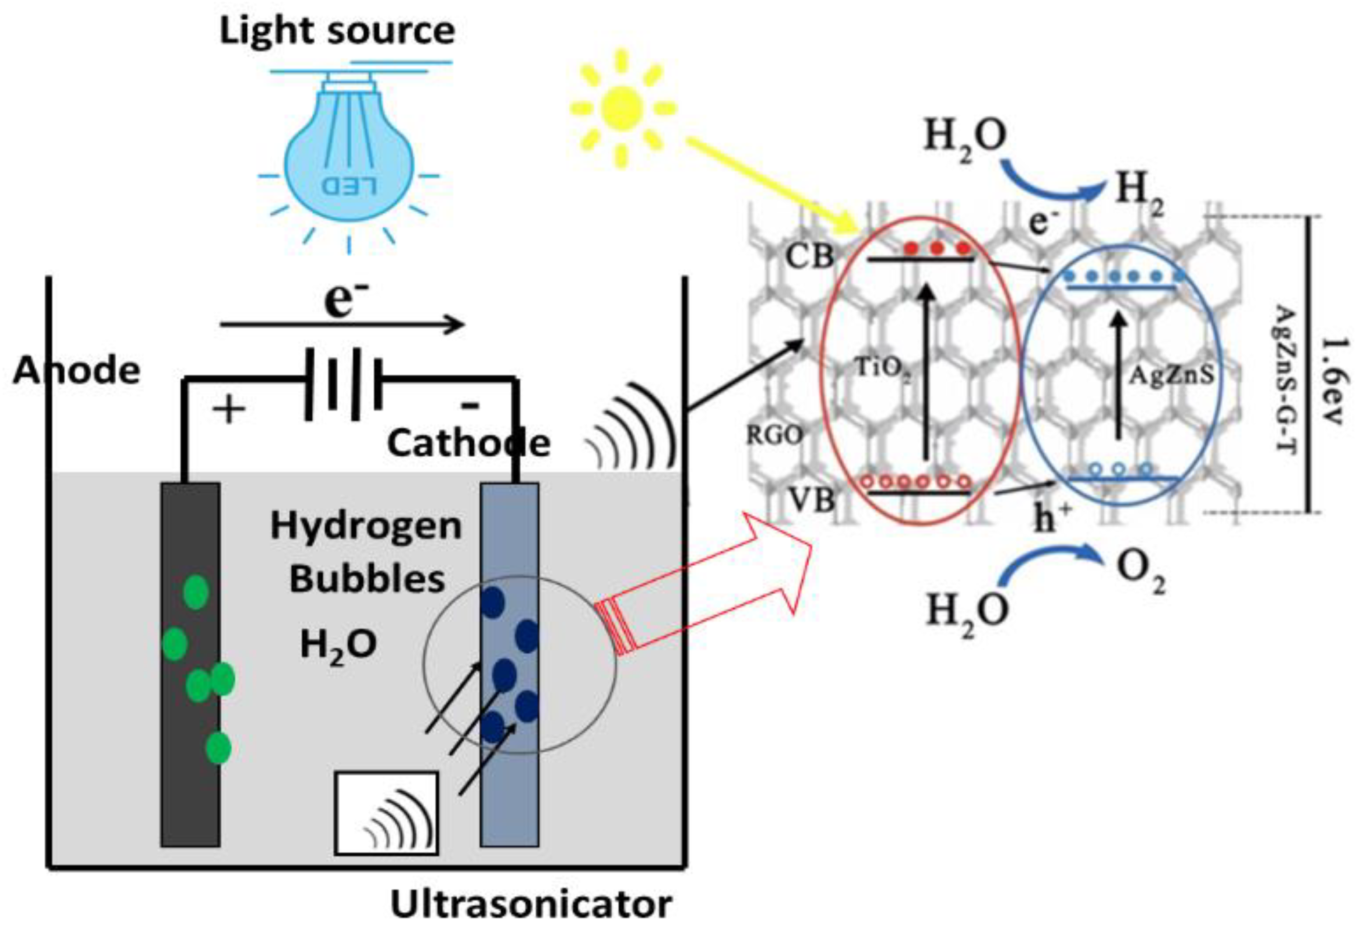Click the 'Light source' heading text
tap(337, 31)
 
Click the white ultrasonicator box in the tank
tap(386, 813)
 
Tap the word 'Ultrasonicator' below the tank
tap(531, 904)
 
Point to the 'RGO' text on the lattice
tap(775, 436)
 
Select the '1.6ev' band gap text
tap(1334, 381)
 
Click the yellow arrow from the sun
tap(773, 186)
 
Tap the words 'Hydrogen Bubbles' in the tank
tap(366, 552)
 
